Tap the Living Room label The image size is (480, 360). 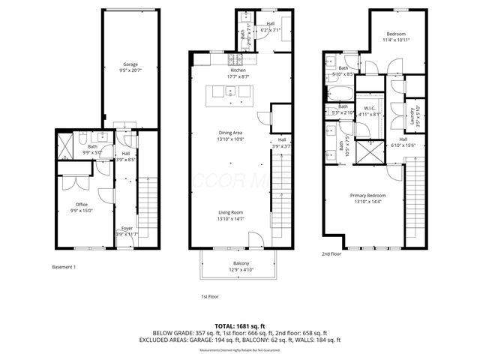coord(230,215)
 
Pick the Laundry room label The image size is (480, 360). coord(412,115)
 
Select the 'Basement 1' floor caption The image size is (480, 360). coord(64,267)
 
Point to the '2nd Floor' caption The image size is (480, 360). coord(331,254)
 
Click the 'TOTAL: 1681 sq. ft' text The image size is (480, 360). coord(240,325)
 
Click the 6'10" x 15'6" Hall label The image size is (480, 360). coord(403,142)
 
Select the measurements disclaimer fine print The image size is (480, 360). coord(240,349)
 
